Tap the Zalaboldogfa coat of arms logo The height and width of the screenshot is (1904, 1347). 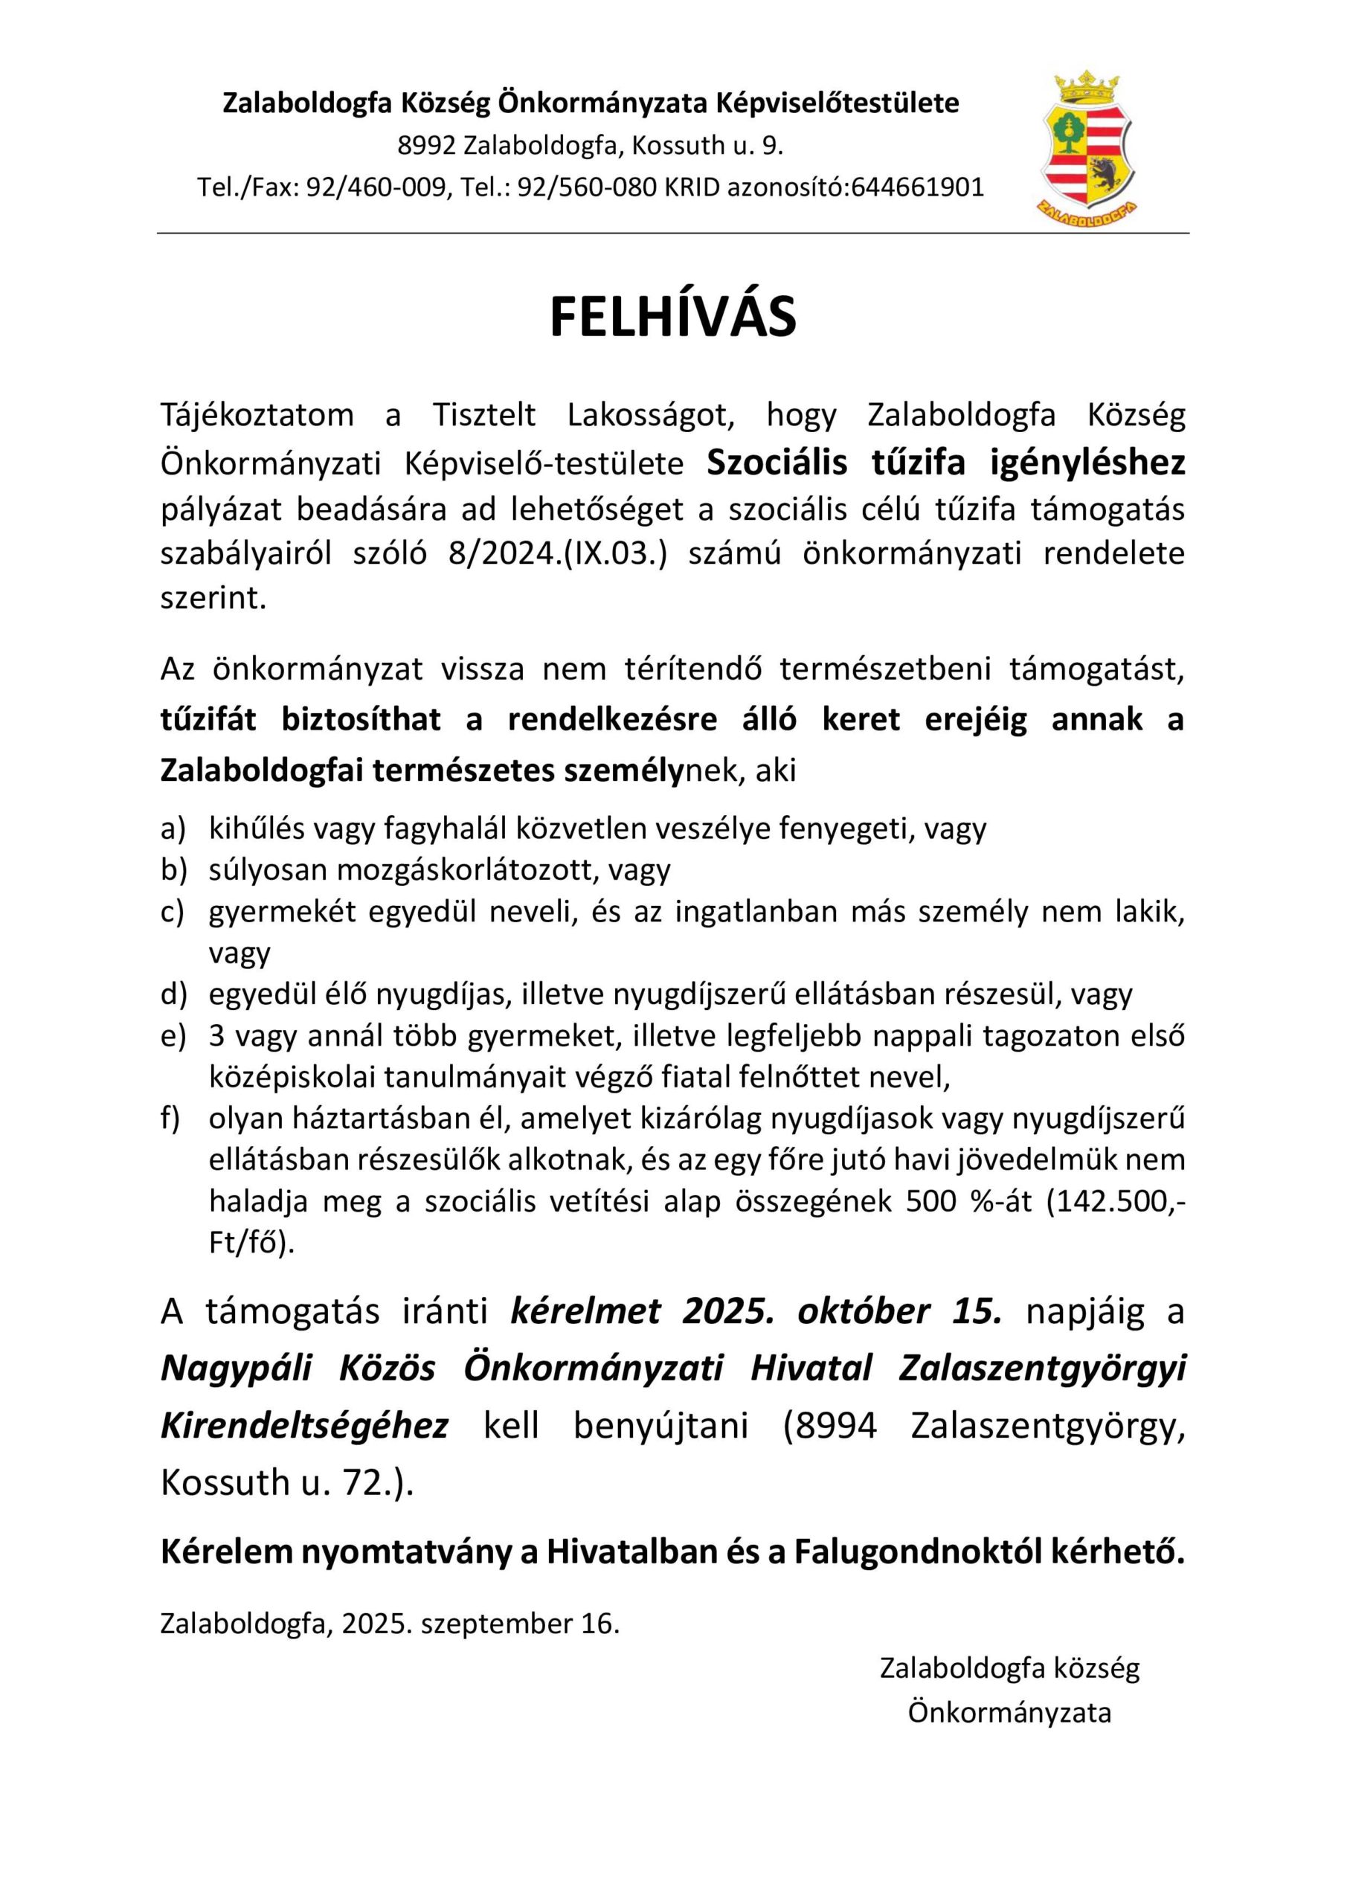(x=1087, y=149)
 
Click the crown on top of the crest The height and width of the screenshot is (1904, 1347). (x=1087, y=87)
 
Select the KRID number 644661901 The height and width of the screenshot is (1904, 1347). (x=917, y=187)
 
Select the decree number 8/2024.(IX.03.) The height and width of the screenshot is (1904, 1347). (x=557, y=553)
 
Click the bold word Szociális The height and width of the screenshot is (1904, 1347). (x=777, y=463)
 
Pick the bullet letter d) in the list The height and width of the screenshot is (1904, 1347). (x=173, y=994)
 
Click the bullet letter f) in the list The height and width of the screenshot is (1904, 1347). (x=171, y=1118)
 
